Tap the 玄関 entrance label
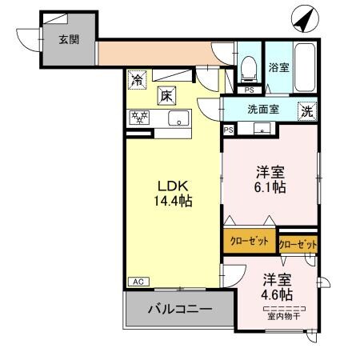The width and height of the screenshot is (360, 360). click(69, 38)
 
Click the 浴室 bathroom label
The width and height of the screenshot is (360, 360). click(279, 67)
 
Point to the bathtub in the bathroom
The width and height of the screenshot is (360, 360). click(305, 68)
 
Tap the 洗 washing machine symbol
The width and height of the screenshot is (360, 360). click(306, 112)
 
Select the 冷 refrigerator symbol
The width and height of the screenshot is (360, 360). click(138, 81)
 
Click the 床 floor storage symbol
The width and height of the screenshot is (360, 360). click(166, 94)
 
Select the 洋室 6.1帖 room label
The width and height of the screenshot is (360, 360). click(270, 179)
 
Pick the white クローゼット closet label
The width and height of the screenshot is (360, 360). click(298, 242)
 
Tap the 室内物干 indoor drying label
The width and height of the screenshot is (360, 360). click(284, 316)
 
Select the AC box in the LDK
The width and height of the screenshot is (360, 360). click(137, 281)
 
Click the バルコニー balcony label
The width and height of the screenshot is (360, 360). click(179, 309)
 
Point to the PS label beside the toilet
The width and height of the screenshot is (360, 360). click(250, 90)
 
